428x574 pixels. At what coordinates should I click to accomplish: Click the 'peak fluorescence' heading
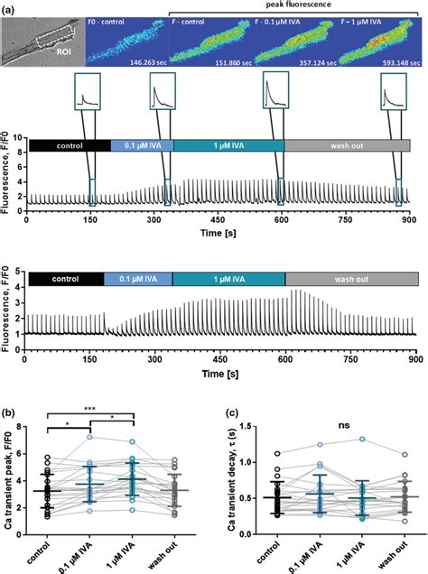(293, 5)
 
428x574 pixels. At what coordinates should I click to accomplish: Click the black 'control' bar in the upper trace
(69, 144)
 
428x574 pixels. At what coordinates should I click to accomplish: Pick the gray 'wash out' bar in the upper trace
(347, 144)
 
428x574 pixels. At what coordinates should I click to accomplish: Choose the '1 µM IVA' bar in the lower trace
(228, 279)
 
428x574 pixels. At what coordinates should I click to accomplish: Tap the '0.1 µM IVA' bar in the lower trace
(137, 279)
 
